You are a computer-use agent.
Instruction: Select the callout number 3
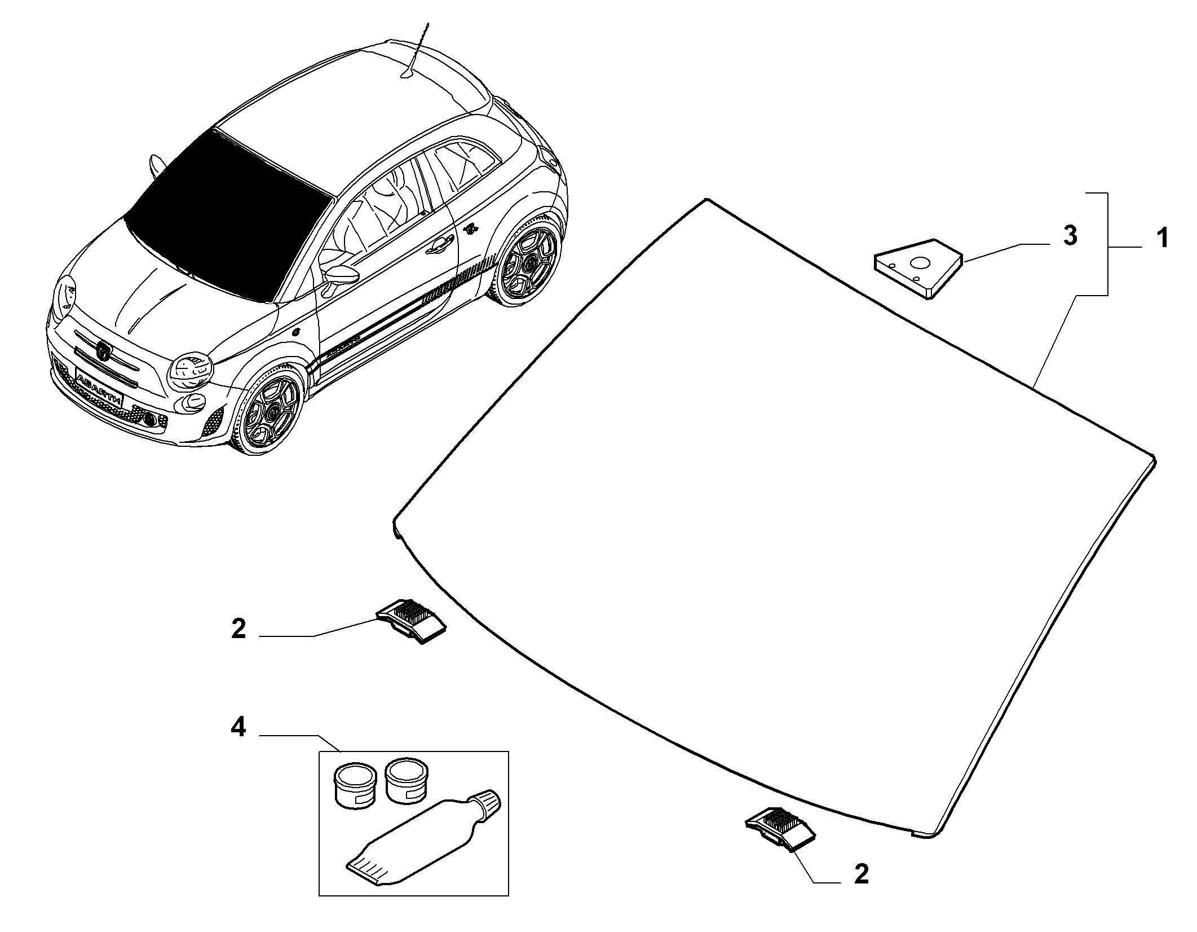click(1070, 236)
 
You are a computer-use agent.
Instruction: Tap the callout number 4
click(238, 728)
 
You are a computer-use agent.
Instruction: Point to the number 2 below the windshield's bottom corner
click(861, 890)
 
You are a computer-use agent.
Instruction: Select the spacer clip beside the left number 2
click(412, 621)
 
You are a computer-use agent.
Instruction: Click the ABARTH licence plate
click(99, 388)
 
